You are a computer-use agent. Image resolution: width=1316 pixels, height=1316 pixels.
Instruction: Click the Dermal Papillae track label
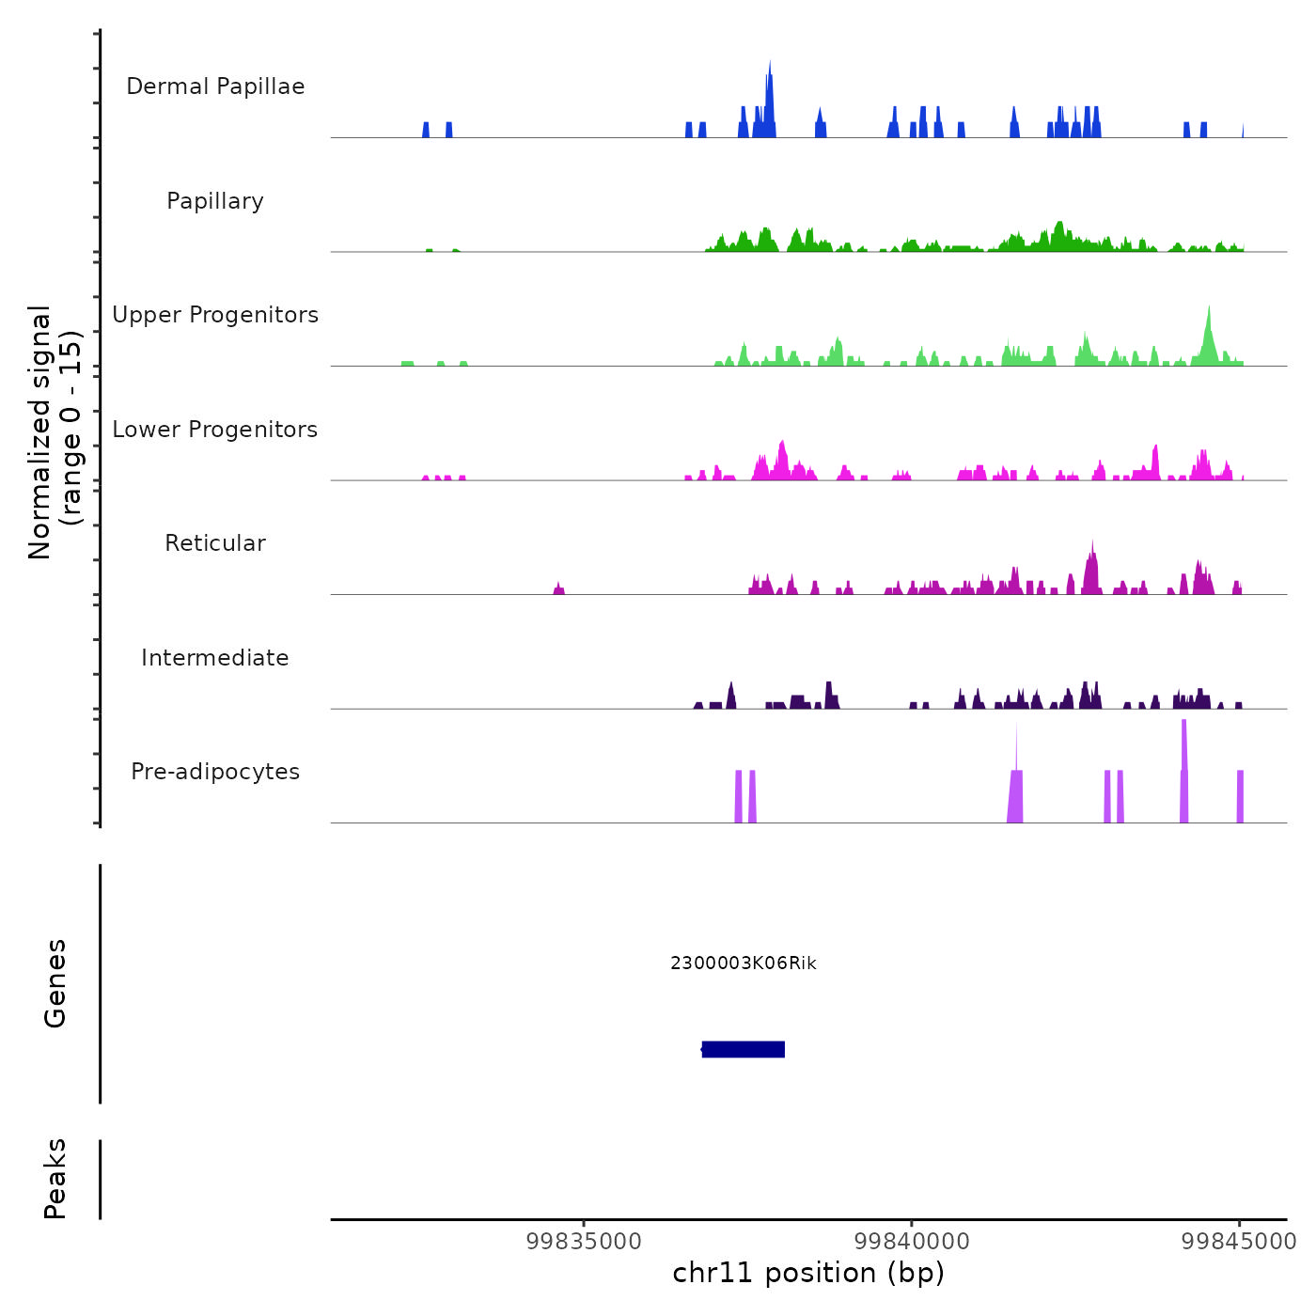215,86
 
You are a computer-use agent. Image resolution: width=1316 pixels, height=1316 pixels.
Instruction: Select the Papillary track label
215,201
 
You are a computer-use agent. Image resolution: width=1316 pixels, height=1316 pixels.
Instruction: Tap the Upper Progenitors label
215,315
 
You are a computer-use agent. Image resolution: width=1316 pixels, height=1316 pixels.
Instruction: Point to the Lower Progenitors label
215,430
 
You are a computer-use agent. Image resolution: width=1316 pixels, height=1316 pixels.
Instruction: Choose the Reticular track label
215,543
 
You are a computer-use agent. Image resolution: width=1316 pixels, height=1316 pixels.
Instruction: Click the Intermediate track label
215,658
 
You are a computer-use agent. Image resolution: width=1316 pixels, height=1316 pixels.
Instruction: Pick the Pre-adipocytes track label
215,772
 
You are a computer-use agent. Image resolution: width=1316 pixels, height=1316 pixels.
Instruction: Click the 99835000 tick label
584,1241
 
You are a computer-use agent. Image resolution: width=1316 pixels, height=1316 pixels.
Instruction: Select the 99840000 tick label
912,1241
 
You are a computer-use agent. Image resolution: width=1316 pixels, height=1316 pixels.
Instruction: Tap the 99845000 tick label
1239,1241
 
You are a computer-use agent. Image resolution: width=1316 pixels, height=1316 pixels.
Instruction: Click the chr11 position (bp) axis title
808,1273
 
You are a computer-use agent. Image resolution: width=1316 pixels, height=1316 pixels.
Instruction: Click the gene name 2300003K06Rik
744,963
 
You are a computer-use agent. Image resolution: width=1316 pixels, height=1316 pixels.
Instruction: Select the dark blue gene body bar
744,1049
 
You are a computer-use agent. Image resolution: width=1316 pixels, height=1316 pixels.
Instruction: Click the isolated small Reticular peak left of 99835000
558,589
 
